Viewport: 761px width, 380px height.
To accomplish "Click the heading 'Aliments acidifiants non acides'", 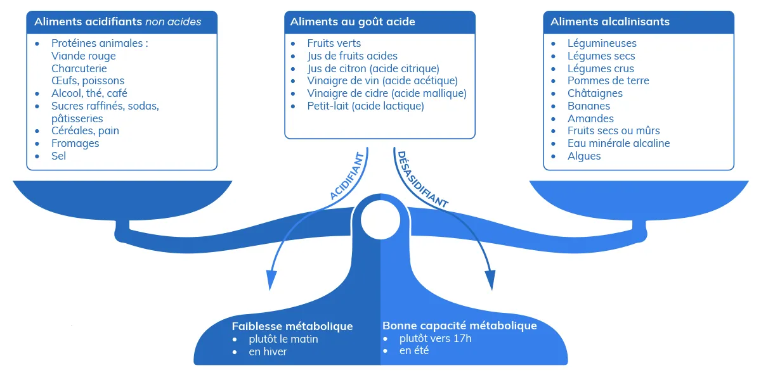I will click(x=118, y=22).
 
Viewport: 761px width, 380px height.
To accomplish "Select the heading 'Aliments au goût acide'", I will click(x=353, y=22).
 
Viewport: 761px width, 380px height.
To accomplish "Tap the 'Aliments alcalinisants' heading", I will click(x=609, y=22).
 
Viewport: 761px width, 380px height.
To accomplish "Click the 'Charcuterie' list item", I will click(x=79, y=68).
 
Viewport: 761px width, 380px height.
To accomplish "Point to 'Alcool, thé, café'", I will click(x=89, y=93).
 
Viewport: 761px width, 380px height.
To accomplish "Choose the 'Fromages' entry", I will click(x=75, y=143).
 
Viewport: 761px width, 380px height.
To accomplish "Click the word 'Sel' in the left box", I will click(x=58, y=156).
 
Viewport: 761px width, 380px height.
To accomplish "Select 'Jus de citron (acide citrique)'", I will click(x=373, y=68).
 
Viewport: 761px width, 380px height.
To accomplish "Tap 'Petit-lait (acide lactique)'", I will click(x=365, y=106).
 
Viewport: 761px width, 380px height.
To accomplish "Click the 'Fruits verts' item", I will click(x=334, y=44).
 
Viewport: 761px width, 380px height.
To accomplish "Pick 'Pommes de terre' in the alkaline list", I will click(x=608, y=80).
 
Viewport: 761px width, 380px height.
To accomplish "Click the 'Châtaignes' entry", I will click(x=595, y=93).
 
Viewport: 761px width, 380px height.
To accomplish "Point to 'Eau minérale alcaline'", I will click(x=618, y=143).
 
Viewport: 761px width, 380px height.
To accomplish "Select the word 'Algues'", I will click(x=584, y=156).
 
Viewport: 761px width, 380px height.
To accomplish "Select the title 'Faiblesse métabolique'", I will click(x=292, y=326).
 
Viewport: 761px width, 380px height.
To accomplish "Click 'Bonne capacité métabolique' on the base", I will click(x=459, y=326).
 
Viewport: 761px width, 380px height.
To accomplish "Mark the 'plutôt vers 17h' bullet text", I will click(x=435, y=338).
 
